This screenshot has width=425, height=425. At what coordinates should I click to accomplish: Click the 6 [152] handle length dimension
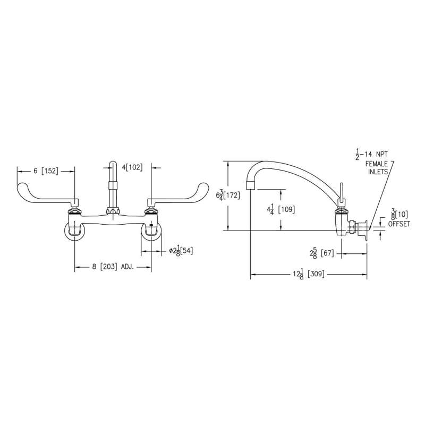click(x=45, y=171)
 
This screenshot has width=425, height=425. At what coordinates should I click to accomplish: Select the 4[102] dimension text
click(x=133, y=167)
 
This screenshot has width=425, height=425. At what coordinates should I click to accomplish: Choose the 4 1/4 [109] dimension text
click(x=282, y=209)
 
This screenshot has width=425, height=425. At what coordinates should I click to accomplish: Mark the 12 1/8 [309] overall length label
click(x=309, y=274)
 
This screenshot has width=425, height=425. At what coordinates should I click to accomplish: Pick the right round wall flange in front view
click(x=151, y=232)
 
